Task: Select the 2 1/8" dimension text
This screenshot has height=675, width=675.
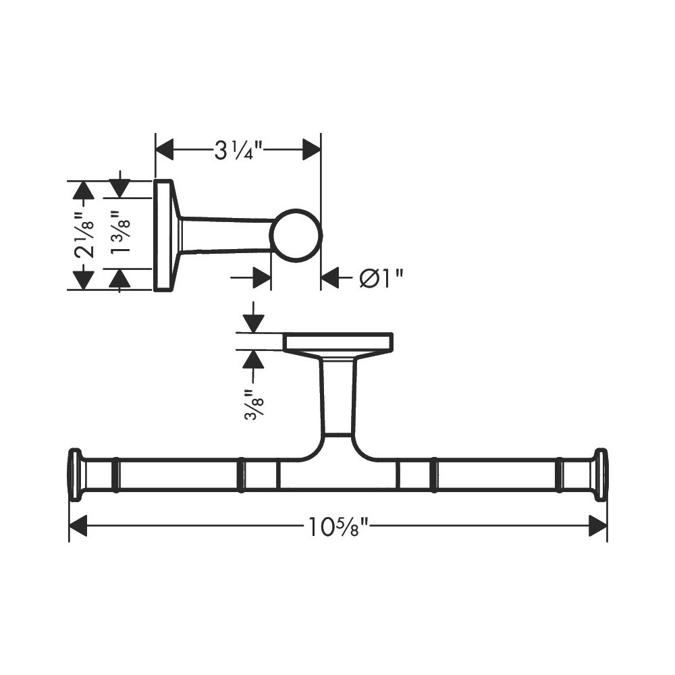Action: click(84, 235)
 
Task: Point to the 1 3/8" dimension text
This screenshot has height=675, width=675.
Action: click(120, 232)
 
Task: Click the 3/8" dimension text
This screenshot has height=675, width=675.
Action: click(254, 404)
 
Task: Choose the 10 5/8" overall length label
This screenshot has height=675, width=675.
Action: click(339, 526)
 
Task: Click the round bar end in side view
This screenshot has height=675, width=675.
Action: click(296, 236)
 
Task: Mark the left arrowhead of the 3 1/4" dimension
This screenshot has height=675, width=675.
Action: click(164, 150)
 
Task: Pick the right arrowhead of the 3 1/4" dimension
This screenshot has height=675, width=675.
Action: click(312, 150)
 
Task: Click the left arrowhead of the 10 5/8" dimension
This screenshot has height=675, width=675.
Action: click(78, 526)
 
